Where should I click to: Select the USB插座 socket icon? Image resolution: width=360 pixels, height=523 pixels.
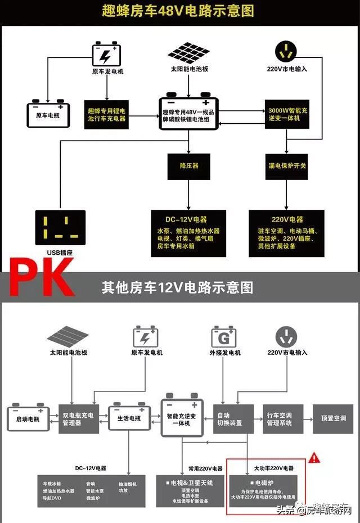coord(60,228)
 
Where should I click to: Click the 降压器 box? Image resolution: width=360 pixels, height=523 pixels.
coord(188,166)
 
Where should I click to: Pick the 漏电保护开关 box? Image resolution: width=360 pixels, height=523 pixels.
coord(287,166)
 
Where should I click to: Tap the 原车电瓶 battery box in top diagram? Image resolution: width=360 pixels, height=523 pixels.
coord(48,113)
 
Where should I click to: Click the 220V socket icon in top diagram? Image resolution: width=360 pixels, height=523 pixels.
coord(287,52)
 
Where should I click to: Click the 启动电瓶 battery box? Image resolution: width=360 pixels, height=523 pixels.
coord(29,418)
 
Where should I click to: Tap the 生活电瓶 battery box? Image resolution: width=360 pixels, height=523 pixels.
coord(130,418)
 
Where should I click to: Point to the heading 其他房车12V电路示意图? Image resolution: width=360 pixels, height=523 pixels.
coord(178,287)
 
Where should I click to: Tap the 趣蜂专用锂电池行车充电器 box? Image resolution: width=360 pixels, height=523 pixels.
coord(107,114)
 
